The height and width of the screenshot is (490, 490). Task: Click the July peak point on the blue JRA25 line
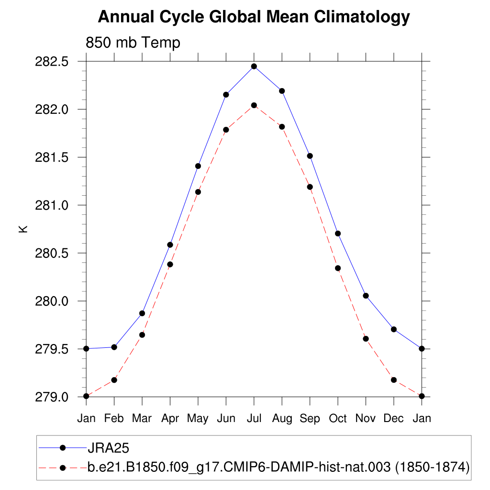tap(254, 67)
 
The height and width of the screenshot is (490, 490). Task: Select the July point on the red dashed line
tap(254, 105)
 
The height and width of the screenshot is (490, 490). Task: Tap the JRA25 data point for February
tap(114, 347)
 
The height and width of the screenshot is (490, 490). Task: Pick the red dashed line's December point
tap(394, 380)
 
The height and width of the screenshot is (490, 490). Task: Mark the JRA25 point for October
tap(338, 234)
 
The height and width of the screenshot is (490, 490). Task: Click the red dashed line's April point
tap(170, 264)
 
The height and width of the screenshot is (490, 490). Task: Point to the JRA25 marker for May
tap(198, 166)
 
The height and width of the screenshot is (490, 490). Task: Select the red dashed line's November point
tap(366, 339)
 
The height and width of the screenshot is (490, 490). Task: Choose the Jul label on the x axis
tap(254, 418)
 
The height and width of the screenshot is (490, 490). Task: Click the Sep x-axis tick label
tap(310, 418)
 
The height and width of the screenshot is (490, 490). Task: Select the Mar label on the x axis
tap(142, 418)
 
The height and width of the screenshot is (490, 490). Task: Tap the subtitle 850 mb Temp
tap(133, 43)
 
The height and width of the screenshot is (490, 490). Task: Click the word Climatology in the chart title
tap(362, 17)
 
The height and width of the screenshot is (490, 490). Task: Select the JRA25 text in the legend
tap(109, 448)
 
